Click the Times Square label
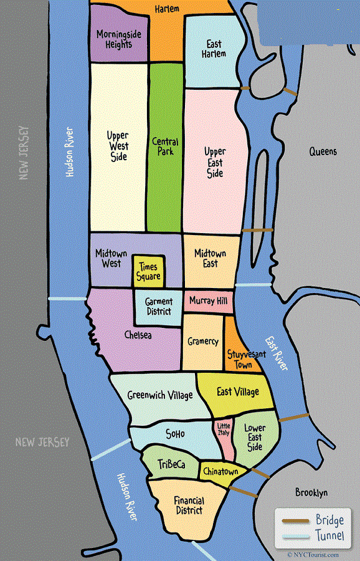pos(148,271)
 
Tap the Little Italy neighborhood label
pos(223,429)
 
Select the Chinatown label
pos(220,472)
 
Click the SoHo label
pos(175,434)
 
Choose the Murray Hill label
pos(208,301)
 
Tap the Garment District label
pos(159,307)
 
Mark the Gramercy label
pos(202,342)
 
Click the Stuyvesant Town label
pos(240,360)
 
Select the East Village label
pos(237,392)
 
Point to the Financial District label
pos(189,506)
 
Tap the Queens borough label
pos(323,151)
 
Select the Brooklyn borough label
pos(311,492)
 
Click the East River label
pos(277,354)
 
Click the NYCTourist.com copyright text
pos(313,554)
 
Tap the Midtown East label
pos(211,259)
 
